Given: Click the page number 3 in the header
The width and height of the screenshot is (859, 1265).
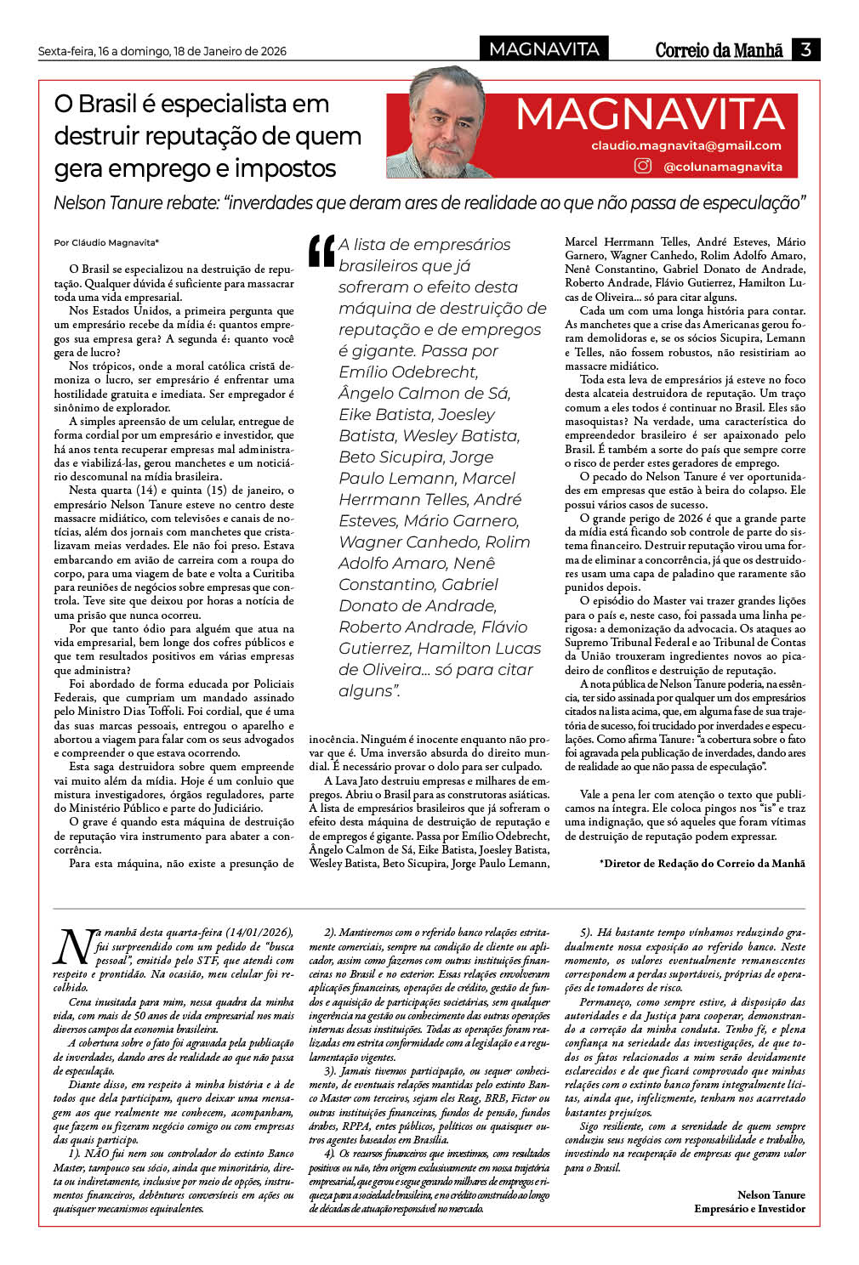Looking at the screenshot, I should click(x=805, y=49).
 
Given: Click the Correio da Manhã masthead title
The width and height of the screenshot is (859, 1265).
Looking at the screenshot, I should click(x=719, y=50).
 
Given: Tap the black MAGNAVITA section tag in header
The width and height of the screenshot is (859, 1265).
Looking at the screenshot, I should click(x=544, y=49).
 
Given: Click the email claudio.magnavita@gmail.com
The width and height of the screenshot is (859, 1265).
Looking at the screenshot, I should click(x=685, y=145).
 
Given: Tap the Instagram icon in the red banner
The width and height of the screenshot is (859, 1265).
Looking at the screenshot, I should click(x=643, y=166).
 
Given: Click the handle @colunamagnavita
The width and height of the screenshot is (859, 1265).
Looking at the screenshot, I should click(x=722, y=167).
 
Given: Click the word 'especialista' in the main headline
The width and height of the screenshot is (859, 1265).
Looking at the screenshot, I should click(x=244, y=104).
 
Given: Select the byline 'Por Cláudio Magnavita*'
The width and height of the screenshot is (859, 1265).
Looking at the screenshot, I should click(x=106, y=242).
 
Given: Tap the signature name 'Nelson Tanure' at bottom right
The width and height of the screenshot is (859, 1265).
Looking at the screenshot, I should click(x=771, y=1194).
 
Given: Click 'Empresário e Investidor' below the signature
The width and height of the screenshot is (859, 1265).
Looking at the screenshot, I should click(x=749, y=1208).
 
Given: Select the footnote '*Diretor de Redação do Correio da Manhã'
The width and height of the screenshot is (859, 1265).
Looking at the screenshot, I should click(x=702, y=863).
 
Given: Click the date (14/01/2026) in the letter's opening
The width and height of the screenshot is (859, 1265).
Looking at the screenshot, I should click(x=255, y=932).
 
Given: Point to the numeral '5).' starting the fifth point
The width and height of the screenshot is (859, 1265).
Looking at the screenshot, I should click(x=586, y=932).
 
